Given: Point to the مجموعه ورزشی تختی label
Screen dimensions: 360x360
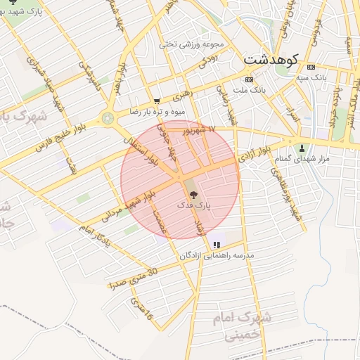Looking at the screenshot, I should click(191, 44).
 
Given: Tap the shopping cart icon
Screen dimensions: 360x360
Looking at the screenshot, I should click(156, 101).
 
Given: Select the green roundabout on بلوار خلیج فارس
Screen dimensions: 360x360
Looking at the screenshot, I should click(108, 119).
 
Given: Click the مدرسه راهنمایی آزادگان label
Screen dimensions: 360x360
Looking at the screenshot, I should click(220, 255).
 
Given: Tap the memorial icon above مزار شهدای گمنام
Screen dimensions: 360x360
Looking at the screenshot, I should click(302, 148).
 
